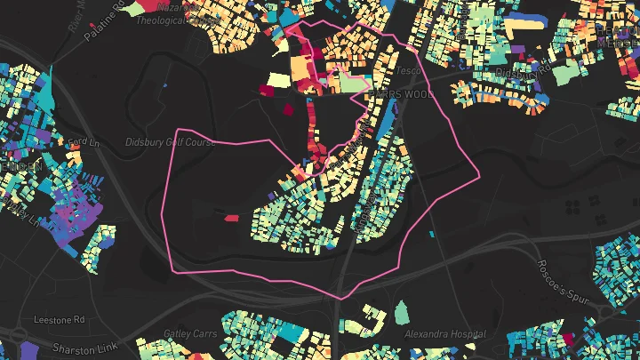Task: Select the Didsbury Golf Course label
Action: pos(170,142)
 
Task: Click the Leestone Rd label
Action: pos(59,318)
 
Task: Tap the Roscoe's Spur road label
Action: pos(562,282)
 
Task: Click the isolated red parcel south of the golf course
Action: pos(231,217)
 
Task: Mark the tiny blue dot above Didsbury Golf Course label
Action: pos(166,85)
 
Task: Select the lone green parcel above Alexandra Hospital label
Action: pos(401,312)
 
